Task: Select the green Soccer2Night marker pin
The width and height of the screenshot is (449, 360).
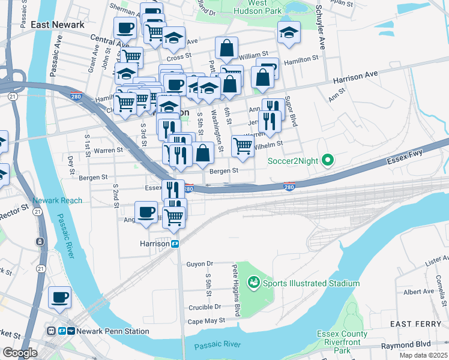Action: (327, 160)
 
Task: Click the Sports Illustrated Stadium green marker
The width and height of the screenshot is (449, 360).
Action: (253, 283)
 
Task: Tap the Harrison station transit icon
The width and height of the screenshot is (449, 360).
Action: (176, 244)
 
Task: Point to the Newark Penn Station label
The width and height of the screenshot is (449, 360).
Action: (112, 331)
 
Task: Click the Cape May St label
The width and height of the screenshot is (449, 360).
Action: (205, 320)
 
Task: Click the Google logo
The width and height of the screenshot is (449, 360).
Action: (20, 353)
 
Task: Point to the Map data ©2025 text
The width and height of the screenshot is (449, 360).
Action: (424, 355)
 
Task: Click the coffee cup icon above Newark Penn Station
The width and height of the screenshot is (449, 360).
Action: (59, 297)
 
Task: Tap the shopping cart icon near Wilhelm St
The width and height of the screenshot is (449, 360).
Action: (243, 145)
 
